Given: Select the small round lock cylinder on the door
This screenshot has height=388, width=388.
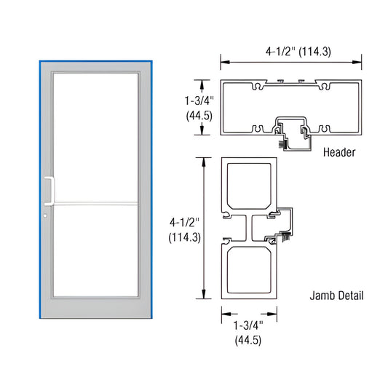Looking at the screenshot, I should (44, 215).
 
